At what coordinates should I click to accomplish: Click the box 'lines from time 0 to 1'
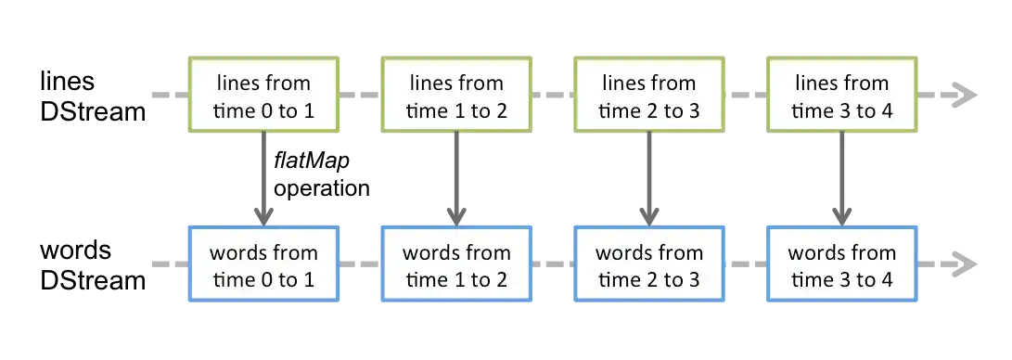[x=264, y=96]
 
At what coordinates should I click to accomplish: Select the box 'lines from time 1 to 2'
[x=457, y=96]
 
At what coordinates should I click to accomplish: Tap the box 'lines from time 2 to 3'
[x=649, y=96]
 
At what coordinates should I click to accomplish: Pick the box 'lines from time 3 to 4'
[x=841, y=96]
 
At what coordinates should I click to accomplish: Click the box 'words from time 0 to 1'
[x=264, y=265]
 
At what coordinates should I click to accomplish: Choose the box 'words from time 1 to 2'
[x=457, y=265]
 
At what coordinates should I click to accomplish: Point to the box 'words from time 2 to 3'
[x=649, y=265]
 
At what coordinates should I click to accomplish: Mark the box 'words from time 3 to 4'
[x=841, y=265]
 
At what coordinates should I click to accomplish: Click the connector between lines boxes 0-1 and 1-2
[x=361, y=96]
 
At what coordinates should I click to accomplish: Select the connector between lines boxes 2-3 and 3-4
[x=745, y=96]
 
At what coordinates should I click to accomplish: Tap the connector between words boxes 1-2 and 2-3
[x=553, y=265]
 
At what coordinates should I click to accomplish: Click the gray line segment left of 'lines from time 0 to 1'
[x=167, y=96]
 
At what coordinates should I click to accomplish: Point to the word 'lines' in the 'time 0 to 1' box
[x=240, y=83]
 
